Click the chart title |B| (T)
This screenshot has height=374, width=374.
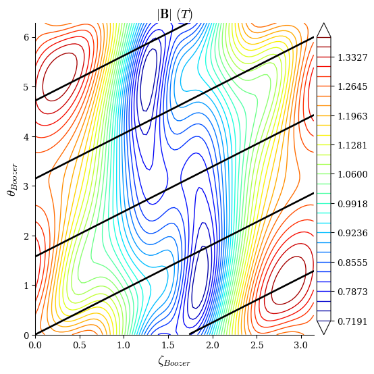tap(175, 14)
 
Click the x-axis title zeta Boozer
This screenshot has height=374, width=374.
tap(174, 361)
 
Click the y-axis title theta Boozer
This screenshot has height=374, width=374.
tap(12, 179)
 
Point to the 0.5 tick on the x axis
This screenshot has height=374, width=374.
tap(80, 336)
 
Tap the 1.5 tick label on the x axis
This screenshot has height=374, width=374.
tap(168, 346)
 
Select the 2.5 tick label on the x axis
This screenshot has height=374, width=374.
tap(257, 346)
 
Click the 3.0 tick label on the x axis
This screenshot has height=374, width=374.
tap(302, 346)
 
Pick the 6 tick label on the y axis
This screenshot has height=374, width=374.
tap(27, 38)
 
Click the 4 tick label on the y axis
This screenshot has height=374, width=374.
tap(27, 137)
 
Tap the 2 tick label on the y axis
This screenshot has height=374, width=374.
tap(27, 236)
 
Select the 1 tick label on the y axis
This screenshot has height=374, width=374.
tap(27, 286)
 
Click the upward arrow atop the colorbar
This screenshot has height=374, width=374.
tap(323, 30)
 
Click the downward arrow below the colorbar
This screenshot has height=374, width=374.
tap(323, 327)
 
